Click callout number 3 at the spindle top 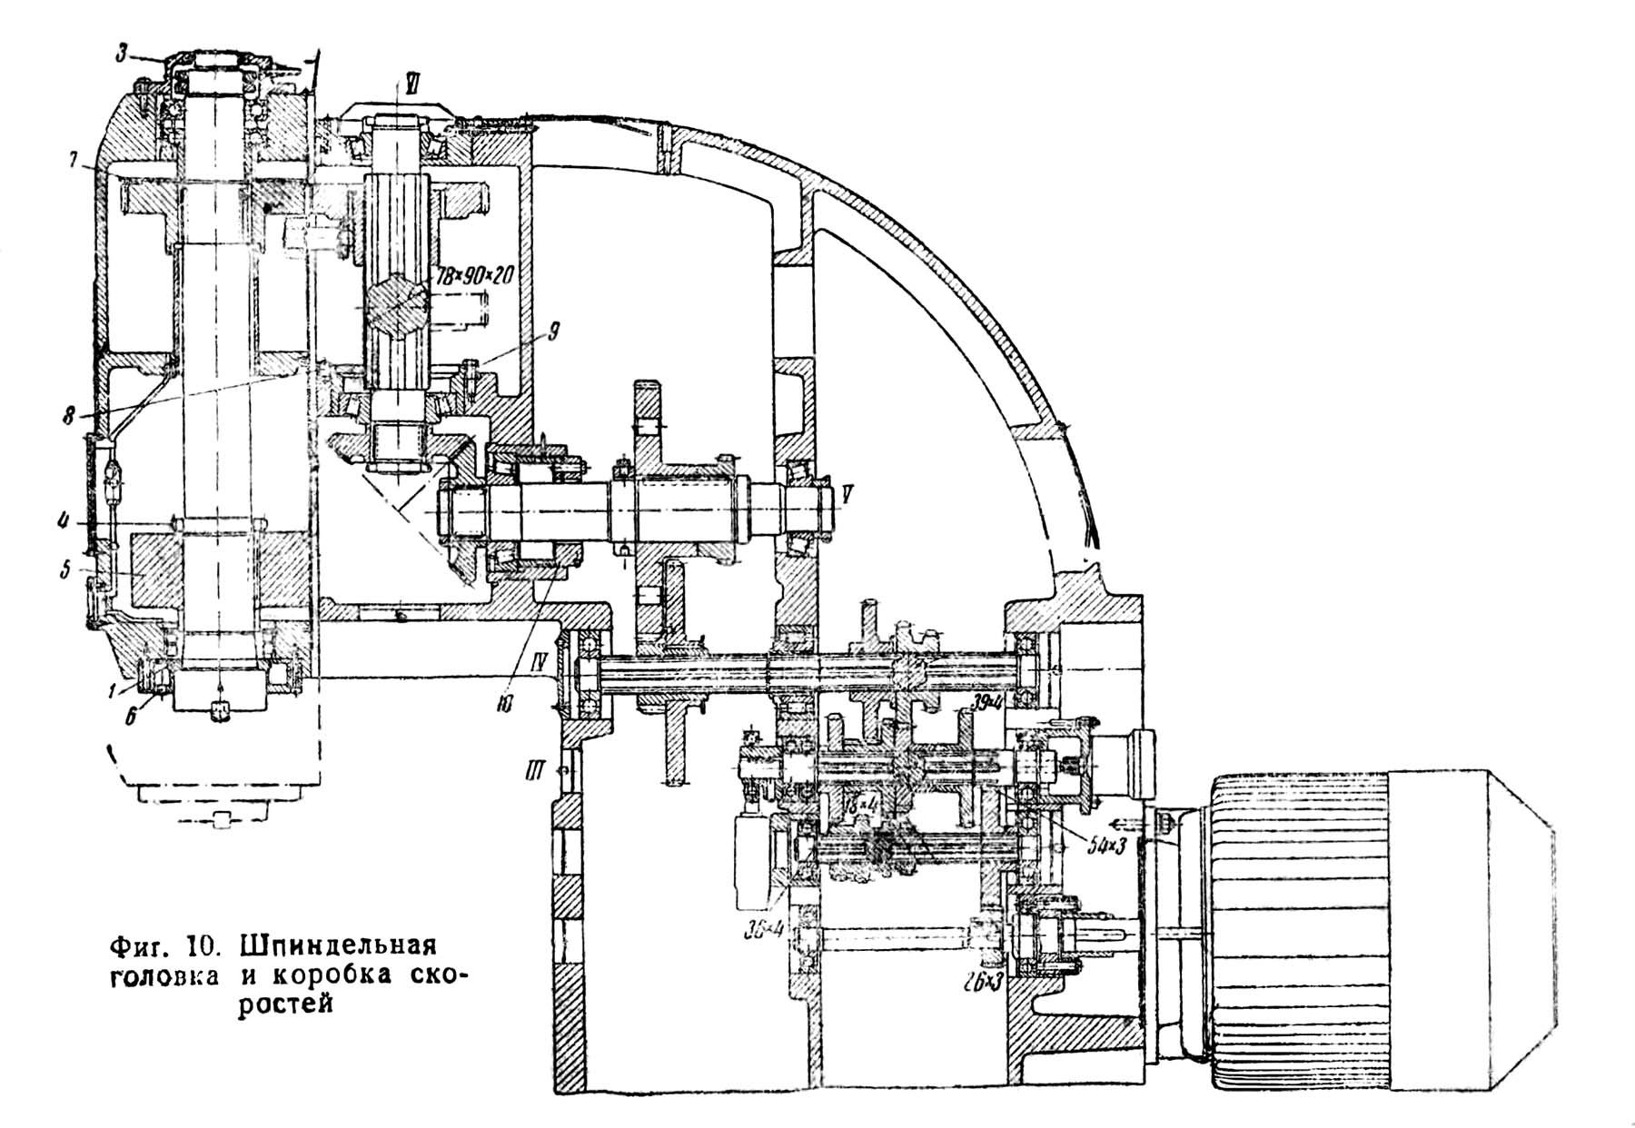[x=122, y=52]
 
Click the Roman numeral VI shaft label [x=411, y=83]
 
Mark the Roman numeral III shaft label [x=533, y=772]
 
